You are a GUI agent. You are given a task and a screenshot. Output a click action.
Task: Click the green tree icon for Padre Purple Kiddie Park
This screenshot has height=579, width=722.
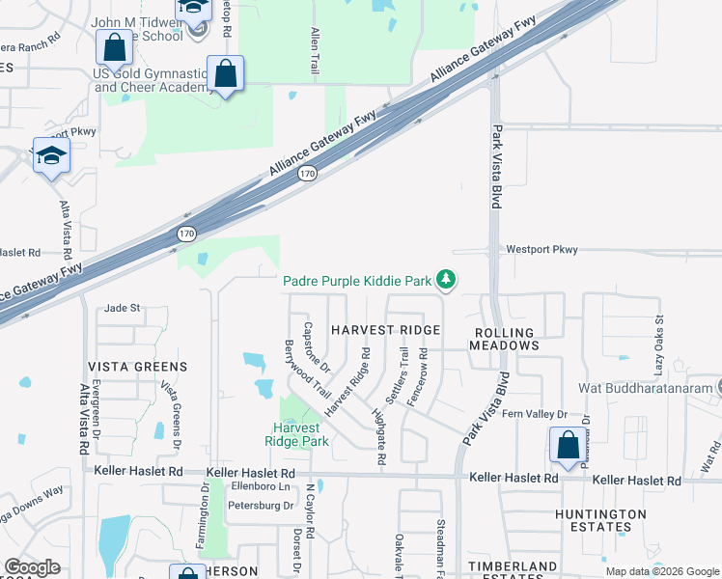(445, 281)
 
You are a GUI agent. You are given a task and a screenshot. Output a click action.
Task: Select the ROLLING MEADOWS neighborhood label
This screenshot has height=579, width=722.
(505, 338)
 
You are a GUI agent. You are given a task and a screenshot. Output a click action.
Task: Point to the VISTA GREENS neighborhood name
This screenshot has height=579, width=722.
(137, 367)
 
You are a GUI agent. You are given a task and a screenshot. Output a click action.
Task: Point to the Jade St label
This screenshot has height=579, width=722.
(123, 308)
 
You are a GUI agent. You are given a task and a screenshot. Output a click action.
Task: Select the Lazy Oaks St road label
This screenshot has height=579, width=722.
(659, 344)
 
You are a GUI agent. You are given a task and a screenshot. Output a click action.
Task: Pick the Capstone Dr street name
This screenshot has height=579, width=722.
(318, 346)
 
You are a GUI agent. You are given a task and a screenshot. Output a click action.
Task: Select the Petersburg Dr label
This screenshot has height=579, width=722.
(261, 505)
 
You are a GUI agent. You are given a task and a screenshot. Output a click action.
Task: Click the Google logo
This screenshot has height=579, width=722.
(33, 567)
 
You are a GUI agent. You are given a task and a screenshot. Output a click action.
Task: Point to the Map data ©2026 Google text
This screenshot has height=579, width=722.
(661, 571)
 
